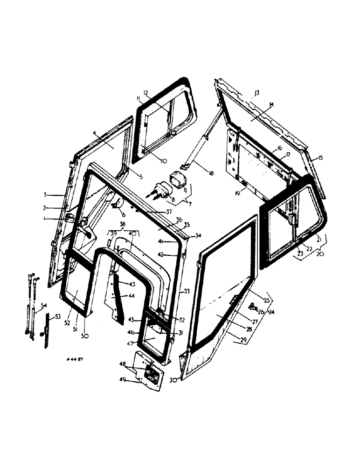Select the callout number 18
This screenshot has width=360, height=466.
pos(211,174)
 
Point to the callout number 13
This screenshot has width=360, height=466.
pos(257,92)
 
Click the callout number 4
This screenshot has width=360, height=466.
pos(95,134)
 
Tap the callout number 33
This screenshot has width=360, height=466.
pos(187,291)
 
